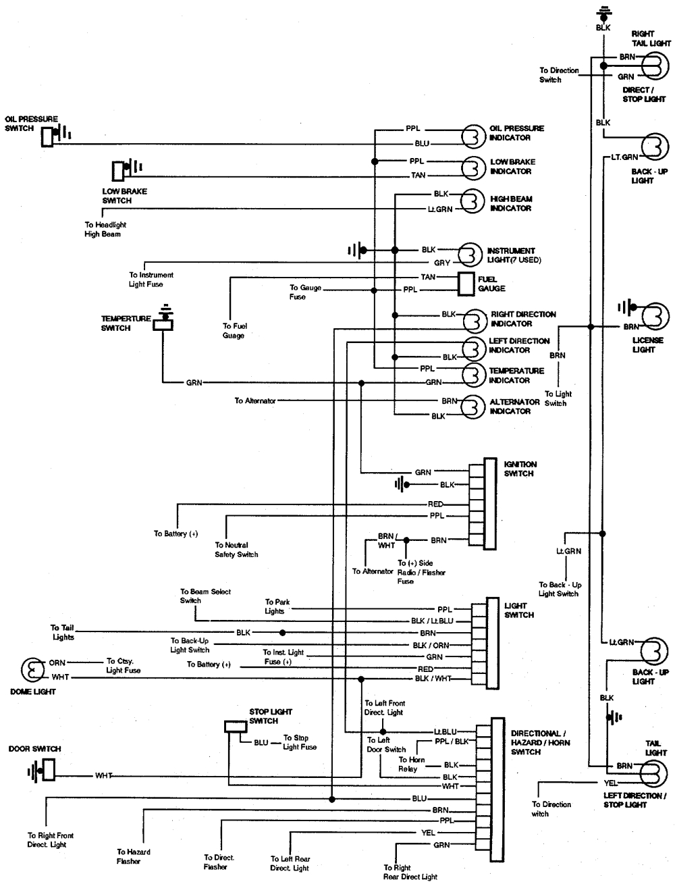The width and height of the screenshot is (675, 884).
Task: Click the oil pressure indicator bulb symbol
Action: coord(473,136)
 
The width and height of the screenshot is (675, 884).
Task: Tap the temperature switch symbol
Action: coord(163,322)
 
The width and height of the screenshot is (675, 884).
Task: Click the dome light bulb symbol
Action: coord(32,670)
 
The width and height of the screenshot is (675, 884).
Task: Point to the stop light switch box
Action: coord(236,727)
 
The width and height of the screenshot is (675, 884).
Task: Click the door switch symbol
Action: coord(47,769)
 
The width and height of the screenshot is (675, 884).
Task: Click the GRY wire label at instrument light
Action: coord(442,263)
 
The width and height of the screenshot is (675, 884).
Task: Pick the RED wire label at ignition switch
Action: coord(435,504)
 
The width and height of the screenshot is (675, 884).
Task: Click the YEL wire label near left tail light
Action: coord(610,783)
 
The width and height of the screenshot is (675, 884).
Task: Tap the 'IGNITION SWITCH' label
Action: coord(520,469)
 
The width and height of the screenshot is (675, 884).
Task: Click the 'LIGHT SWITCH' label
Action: coord(519,610)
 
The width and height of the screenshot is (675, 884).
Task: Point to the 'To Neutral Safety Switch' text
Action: coord(236,550)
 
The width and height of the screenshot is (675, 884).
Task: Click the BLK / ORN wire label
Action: coord(431,645)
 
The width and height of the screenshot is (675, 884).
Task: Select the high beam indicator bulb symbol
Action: coord(473,200)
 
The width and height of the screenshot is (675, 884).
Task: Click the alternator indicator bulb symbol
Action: coord(473,406)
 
